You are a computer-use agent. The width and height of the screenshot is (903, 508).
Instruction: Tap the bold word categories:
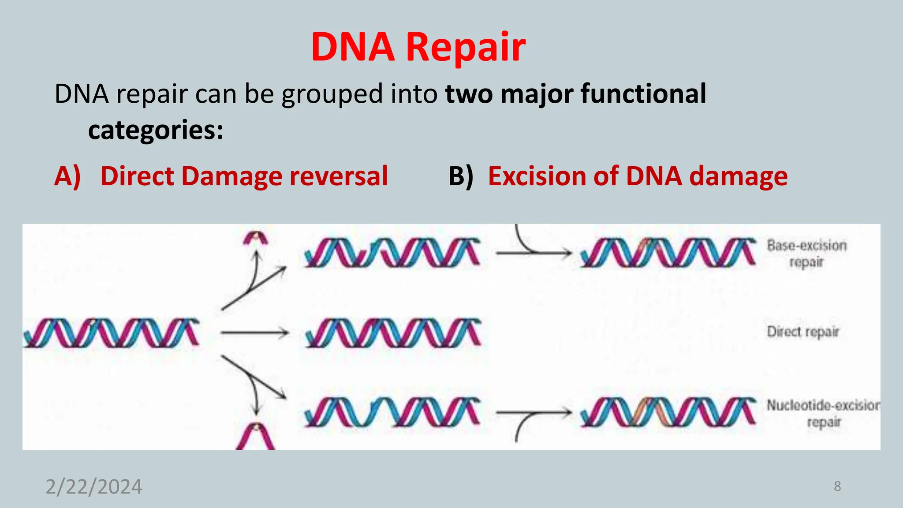[x=156, y=130]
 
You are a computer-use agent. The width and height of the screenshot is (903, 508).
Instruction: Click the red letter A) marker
[x=67, y=176]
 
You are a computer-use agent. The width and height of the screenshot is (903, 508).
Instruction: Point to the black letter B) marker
[x=461, y=176]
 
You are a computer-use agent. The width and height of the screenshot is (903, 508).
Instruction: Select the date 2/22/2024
[x=94, y=487]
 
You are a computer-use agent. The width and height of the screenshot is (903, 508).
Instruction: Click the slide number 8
[x=837, y=486]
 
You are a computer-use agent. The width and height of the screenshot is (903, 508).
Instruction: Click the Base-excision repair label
[x=806, y=254]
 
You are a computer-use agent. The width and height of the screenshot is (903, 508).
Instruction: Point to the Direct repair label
[x=803, y=332]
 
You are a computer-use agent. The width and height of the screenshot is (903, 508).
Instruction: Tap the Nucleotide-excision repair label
[x=823, y=413]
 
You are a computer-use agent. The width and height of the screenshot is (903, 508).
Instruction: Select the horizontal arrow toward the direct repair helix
[x=254, y=333]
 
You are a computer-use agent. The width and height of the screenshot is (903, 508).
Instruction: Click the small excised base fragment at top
[x=256, y=239]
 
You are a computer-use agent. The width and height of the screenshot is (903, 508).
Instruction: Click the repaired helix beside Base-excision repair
[x=668, y=253]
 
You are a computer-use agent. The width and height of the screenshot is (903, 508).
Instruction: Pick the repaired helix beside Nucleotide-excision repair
[x=668, y=412]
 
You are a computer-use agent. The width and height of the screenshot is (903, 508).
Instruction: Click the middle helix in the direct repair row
[x=392, y=333]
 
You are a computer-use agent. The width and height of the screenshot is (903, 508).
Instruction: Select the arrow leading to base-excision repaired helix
[x=534, y=252]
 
